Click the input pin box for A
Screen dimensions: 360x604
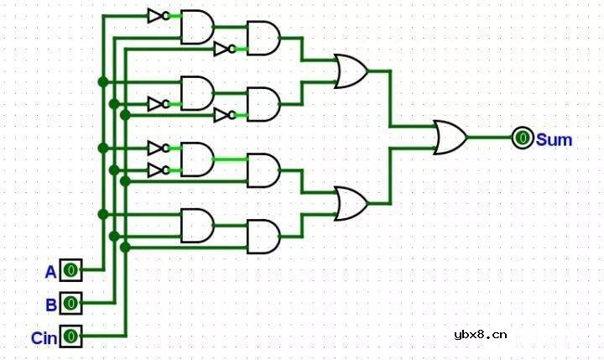[x=71, y=270]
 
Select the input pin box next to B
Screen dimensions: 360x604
[x=71, y=302]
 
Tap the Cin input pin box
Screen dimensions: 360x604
[x=71, y=337]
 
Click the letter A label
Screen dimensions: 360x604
[x=50, y=271]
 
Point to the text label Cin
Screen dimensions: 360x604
[x=44, y=338]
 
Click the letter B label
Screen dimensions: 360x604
[x=50, y=304]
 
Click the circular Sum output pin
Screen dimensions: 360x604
[x=522, y=138]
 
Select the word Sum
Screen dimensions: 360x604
[x=554, y=139]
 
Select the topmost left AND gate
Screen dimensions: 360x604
[x=197, y=27]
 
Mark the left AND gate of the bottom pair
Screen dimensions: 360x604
[x=197, y=225]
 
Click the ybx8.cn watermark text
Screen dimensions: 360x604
[x=480, y=335]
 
